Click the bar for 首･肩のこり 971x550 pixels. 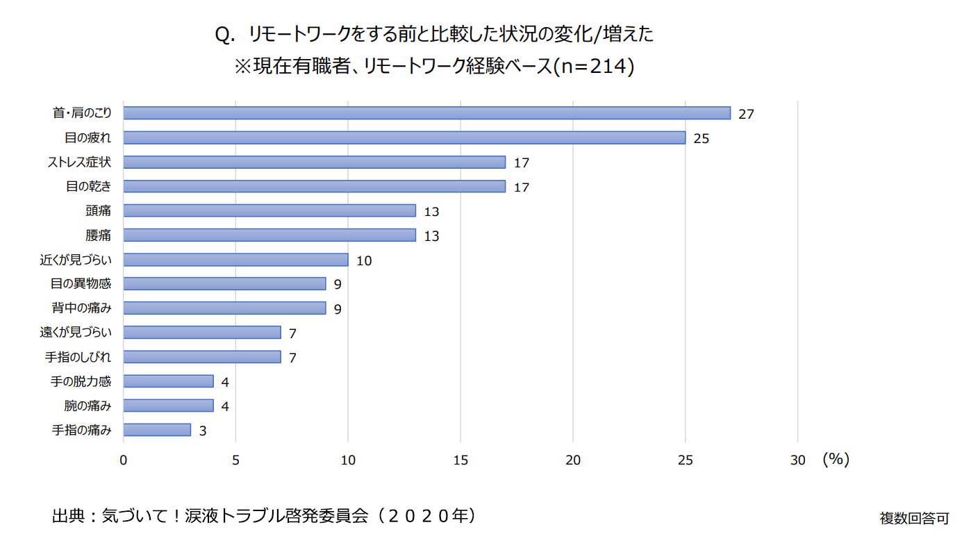pos(426,113)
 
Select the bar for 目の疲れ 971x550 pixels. pos(404,137)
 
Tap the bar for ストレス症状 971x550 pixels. pos(314,162)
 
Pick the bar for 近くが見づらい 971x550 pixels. pos(235,260)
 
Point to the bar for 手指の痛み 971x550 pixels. pos(157,430)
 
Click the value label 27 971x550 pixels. pos(746,114)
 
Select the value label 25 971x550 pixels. pos(701,138)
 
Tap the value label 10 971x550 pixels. pos(364,260)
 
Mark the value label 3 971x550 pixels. pos(203,431)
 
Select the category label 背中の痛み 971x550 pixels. pos(81,308)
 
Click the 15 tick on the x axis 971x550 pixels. pos(460,460)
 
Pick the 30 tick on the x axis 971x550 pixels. pos(797,460)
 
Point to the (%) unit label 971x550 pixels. pos(836,459)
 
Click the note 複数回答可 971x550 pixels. pos(913,518)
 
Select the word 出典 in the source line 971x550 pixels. pos(68,516)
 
